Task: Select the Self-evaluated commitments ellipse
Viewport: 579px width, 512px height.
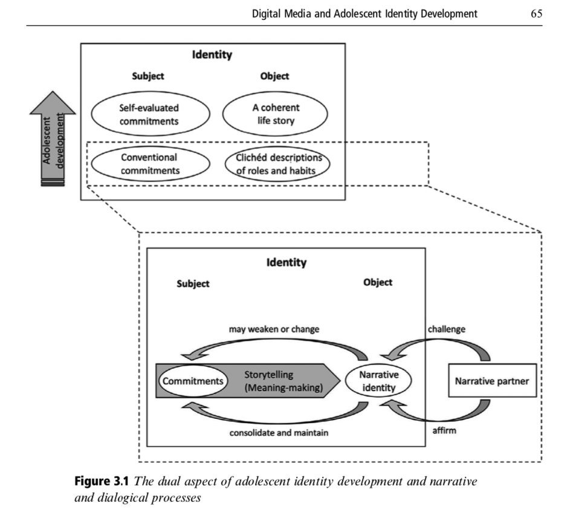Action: click(149, 114)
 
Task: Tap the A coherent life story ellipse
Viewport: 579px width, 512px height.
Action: click(275, 114)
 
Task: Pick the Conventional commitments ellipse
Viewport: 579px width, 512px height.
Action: click(149, 164)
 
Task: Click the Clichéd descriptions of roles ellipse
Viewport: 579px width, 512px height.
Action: click(275, 164)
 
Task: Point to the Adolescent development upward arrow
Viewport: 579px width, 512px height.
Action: click(53, 138)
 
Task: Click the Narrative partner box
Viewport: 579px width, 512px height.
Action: click(492, 381)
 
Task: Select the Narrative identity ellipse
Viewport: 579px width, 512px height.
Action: click(379, 381)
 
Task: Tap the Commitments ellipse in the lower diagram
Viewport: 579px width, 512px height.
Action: click(193, 381)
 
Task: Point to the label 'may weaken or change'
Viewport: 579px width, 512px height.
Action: click(274, 329)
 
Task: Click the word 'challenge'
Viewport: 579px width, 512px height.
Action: click(447, 329)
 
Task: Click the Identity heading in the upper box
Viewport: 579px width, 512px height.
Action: click(212, 55)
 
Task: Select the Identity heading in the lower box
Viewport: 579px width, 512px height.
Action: click(286, 262)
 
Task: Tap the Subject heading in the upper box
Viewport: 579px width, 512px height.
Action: click(148, 76)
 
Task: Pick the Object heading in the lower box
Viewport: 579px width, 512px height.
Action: click(378, 282)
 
